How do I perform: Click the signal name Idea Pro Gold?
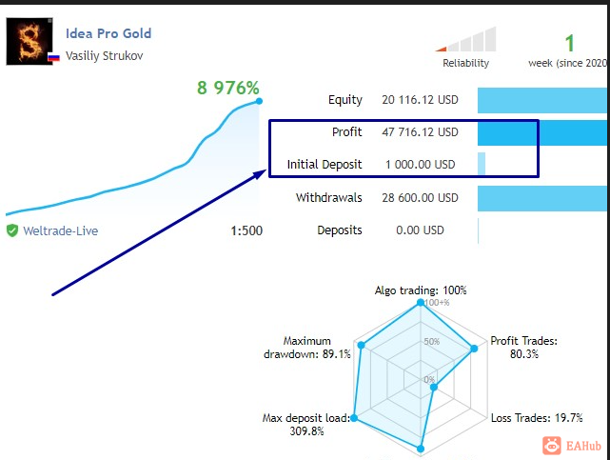pos(108,33)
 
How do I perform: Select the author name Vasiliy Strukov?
pos(105,55)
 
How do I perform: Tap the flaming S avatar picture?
pos(30,41)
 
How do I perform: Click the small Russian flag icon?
pos(53,57)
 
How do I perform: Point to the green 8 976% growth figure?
pos(228,88)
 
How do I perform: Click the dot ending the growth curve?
pos(259,101)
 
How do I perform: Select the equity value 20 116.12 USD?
pos(420,100)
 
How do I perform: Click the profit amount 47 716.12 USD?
pos(420,132)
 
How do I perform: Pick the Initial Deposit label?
pos(325,165)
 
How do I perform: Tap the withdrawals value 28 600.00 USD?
pos(420,198)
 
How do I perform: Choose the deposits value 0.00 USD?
pos(420,230)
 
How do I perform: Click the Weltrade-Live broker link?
pos(60,231)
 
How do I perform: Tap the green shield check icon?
pos(12,230)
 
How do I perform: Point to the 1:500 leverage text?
pos(246,230)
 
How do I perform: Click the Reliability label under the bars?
pos(465,63)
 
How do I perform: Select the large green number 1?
pos(569,43)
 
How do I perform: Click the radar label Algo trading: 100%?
pos(421,290)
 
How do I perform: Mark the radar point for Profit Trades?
pos(474,349)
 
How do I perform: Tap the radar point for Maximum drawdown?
pos(361,345)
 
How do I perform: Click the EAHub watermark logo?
pos(572,446)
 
